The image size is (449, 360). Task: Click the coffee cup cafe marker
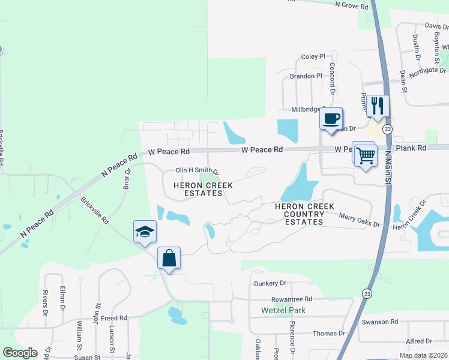tap(331, 119)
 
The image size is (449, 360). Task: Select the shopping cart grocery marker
tap(365, 155)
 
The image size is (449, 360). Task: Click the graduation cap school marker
tap(145, 232)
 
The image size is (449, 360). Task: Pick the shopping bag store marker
tap(169, 258)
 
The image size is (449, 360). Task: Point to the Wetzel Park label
tap(283, 310)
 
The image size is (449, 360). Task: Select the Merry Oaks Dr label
tap(360, 220)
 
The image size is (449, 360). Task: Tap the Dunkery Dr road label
tap(271, 283)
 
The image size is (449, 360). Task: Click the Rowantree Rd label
tap(292, 299)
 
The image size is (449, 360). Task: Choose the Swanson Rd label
tap(380, 322)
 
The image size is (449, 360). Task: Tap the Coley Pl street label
tap(313, 56)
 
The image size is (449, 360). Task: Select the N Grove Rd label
tap(351, 5)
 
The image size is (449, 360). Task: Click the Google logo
tap(20, 353)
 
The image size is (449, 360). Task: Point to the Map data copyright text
tap(423, 355)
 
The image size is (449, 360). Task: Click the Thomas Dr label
tap(329, 333)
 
